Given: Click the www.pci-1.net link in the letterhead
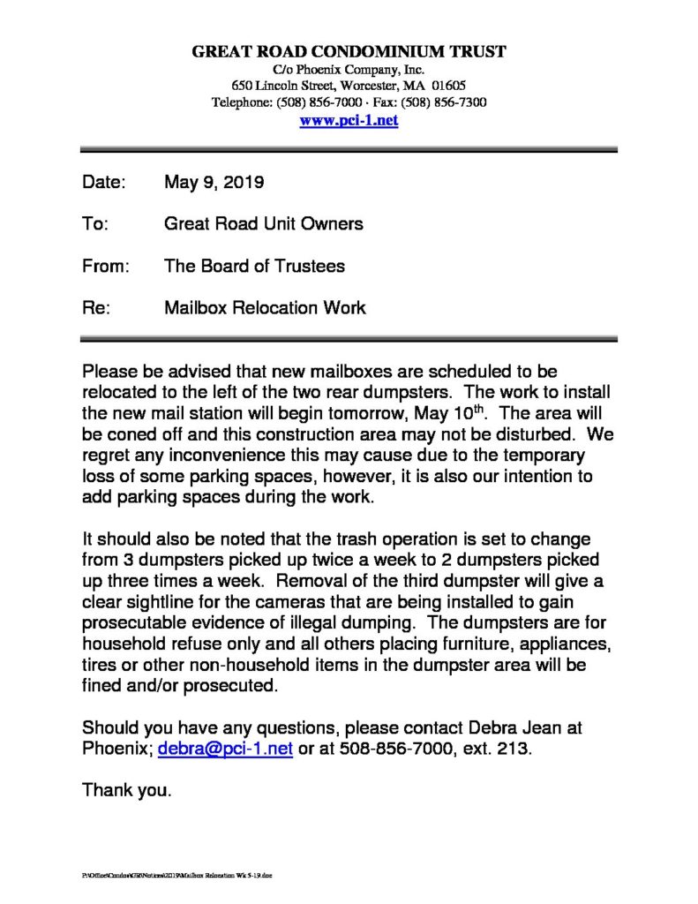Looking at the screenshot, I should tap(349, 121).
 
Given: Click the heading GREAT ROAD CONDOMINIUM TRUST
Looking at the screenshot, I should tap(349, 52).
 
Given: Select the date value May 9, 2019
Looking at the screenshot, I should tap(214, 184).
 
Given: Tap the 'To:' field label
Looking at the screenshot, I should tap(94, 224).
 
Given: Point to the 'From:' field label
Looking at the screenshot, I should tap(106, 266).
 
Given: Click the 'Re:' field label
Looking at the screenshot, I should tap(94, 308).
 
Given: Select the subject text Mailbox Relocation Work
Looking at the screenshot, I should tap(265, 308).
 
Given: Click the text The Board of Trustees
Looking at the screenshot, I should tap(254, 266).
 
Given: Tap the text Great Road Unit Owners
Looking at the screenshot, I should tap(263, 224).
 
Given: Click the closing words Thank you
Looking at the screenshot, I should tap(126, 790).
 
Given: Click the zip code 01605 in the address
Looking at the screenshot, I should tap(448, 86).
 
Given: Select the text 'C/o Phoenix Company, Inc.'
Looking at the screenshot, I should tap(349, 69).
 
